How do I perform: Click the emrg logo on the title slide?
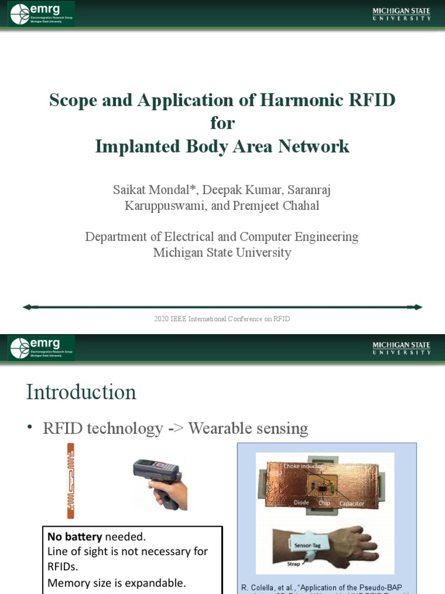pos(41,13)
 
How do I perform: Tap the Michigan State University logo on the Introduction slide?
pos(402,348)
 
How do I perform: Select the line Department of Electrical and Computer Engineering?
pos(222,237)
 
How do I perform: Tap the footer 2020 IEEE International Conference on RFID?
pos(222,319)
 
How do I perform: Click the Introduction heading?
pos(81,392)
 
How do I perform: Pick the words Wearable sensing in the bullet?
pos(248,429)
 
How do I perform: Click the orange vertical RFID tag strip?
pos(70,480)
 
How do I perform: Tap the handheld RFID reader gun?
pos(159,481)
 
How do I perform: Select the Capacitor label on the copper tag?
pos(351,504)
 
